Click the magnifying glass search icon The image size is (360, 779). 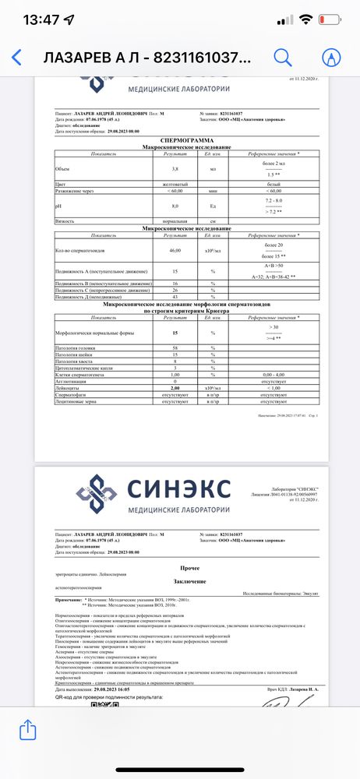(x=283, y=58)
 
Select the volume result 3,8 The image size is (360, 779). (x=175, y=167)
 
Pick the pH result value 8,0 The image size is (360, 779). (x=175, y=206)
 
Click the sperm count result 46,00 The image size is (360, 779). (x=175, y=250)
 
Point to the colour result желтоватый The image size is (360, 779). (x=175, y=185)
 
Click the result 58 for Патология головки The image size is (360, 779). (x=175, y=346)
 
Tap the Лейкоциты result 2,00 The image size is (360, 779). (x=175, y=387)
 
